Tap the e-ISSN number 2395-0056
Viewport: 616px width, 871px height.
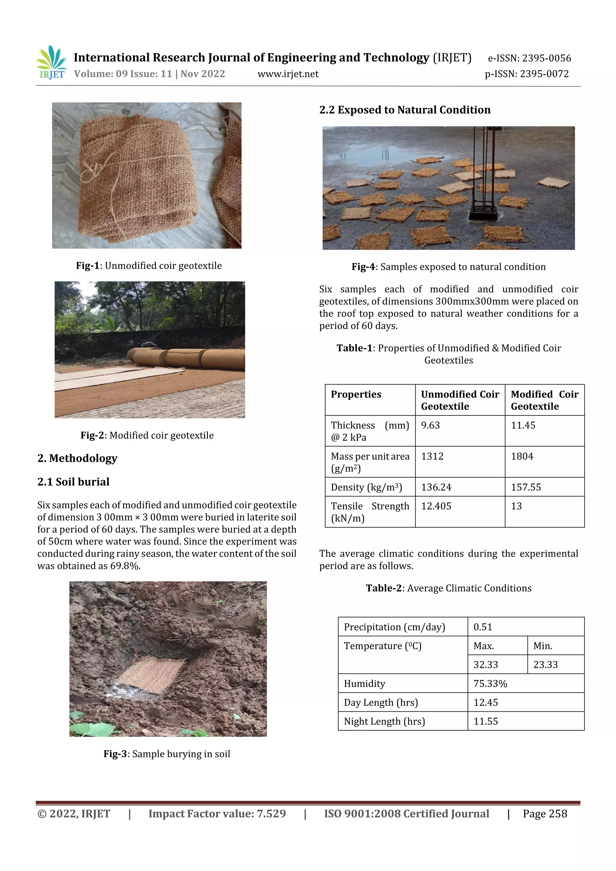point(546,58)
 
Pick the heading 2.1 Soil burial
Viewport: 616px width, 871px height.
point(73,482)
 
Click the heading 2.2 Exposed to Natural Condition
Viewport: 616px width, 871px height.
point(405,110)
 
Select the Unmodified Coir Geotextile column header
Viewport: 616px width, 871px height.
point(460,400)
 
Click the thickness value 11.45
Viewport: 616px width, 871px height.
point(523,425)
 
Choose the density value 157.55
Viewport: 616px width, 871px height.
point(526,487)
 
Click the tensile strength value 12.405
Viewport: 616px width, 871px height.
point(436,506)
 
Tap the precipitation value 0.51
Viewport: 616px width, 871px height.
point(482,627)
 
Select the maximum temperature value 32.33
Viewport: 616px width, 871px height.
point(485,665)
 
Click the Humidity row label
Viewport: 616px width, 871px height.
point(364,684)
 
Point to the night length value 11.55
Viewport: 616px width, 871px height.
point(485,721)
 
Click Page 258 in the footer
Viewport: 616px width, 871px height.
point(545,814)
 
